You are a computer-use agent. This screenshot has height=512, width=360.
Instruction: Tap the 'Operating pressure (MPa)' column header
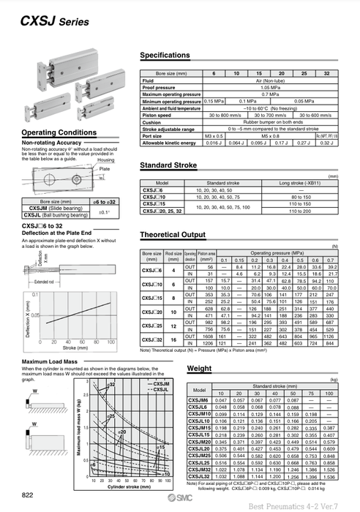point(281,252)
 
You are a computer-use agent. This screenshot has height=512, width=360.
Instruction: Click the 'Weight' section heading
point(199,369)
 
